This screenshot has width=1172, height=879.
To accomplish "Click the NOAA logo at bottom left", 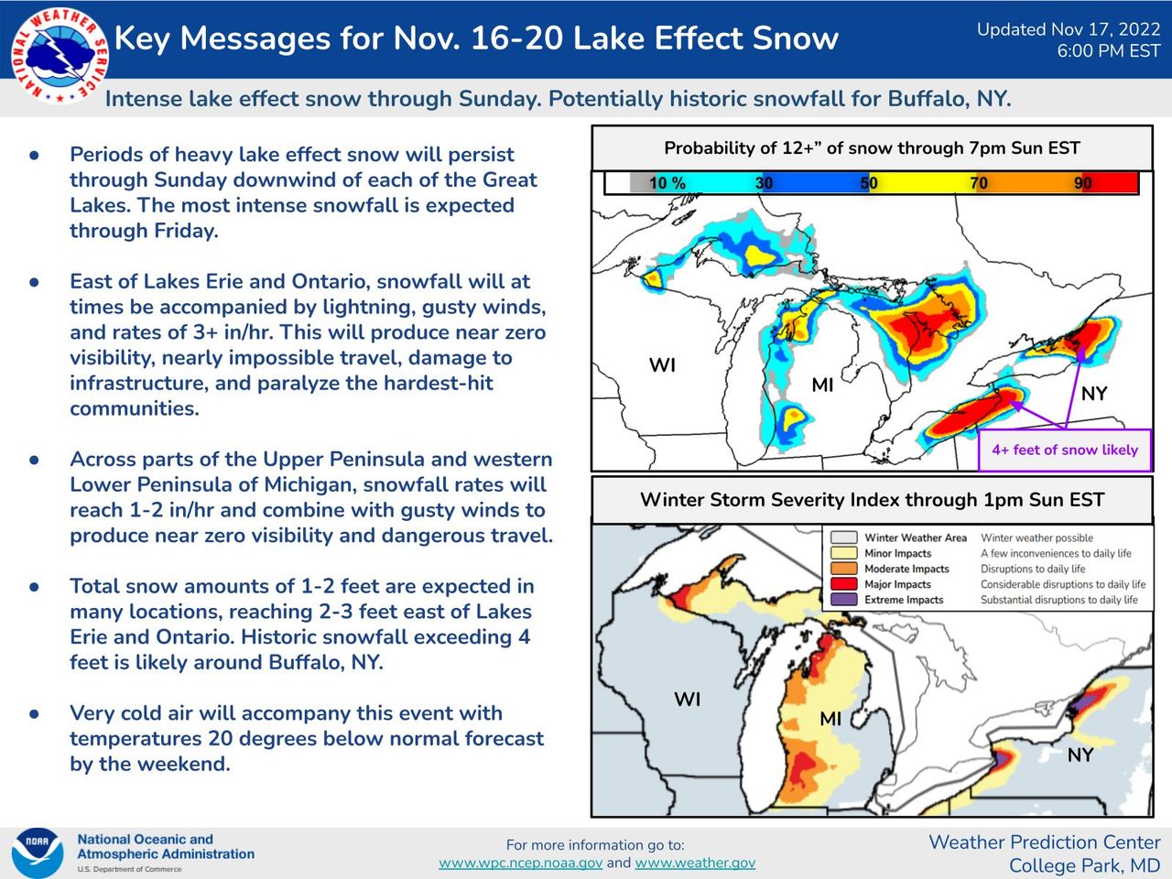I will pyautogui.click(x=38, y=852).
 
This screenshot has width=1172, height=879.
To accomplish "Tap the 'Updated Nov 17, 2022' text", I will pyautogui.click(x=1068, y=29).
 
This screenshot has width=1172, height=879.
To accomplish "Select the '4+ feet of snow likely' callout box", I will pyautogui.click(x=1064, y=450).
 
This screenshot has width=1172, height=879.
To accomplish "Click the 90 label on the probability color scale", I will pyautogui.click(x=1083, y=183).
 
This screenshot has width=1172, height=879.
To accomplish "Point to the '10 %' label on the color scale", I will pyautogui.click(x=667, y=183).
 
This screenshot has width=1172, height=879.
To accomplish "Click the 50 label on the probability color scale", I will pyautogui.click(x=869, y=183).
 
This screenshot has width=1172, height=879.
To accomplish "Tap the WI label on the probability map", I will pyautogui.click(x=662, y=365).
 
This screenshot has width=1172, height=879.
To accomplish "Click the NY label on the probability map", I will pyautogui.click(x=1094, y=394).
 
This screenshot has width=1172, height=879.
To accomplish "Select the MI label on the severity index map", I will pyautogui.click(x=830, y=719).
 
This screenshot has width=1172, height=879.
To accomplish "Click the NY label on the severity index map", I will pyautogui.click(x=1080, y=755).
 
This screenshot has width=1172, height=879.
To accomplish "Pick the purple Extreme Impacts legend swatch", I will pyautogui.click(x=843, y=600).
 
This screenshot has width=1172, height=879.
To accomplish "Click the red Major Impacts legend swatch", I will pyautogui.click(x=843, y=584).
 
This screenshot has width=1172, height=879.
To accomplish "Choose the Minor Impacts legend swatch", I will pyautogui.click(x=843, y=553).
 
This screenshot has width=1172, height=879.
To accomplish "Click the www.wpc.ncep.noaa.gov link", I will pyautogui.click(x=520, y=863).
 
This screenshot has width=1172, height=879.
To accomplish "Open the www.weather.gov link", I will pyautogui.click(x=695, y=863).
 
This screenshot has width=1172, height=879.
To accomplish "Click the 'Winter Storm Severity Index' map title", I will pyautogui.click(x=872, y=500).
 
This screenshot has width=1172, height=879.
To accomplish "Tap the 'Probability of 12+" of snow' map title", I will pyautogui.click(x=872, y=148).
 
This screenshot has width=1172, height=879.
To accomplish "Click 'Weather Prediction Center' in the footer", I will pyautogui.click(x=1044, y=842).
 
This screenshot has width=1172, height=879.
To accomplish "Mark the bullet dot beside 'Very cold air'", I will pyautogui.click(x=35, y=713).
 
